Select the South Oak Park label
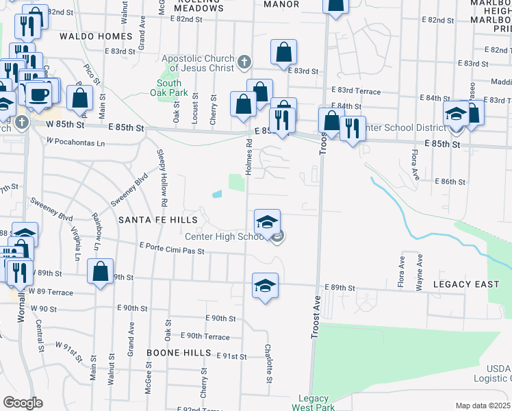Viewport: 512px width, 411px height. click(168, 87)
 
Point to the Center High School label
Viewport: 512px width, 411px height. click(225, 237)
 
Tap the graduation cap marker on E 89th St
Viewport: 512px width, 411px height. click(265, 286)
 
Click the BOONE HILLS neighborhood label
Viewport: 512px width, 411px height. click(179, 352)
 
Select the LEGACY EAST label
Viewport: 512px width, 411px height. click(461, 284)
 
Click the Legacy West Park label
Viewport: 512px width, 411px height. click(313, 403)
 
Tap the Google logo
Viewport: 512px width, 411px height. click(23, 403)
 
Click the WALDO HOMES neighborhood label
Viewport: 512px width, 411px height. click(96, 36)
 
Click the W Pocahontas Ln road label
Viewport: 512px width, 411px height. click(75, 142)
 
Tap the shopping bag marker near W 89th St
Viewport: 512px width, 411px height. click(101, 271)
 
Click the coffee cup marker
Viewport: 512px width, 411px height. click(38, 95)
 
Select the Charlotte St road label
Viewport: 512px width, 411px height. click(269, 364)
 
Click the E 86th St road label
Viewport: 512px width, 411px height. click(450, 182)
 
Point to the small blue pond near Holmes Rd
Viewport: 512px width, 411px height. click(218, 195)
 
